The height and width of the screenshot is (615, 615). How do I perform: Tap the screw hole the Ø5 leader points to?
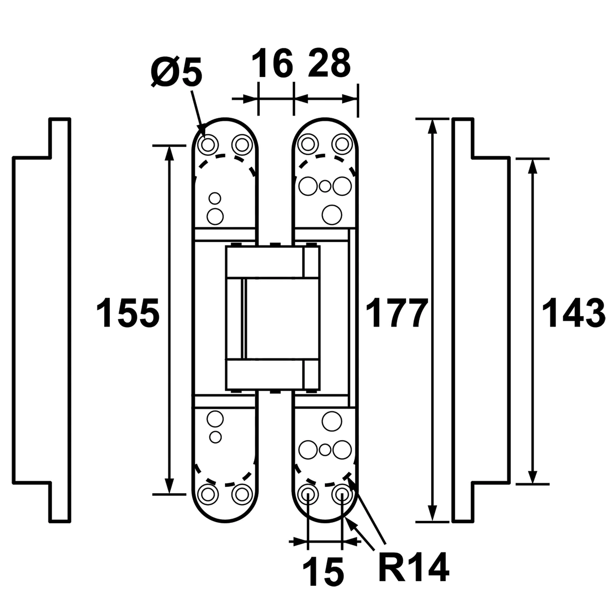pos(208,143)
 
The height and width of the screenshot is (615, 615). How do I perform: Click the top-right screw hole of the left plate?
pos(241,143)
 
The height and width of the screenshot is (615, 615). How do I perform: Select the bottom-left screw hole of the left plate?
pos(208,493)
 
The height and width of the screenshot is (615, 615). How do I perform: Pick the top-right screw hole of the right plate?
pos(342,142)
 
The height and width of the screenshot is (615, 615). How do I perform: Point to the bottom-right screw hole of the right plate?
pos(342,493)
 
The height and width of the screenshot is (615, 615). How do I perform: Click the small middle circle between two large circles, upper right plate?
pos(325,185)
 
